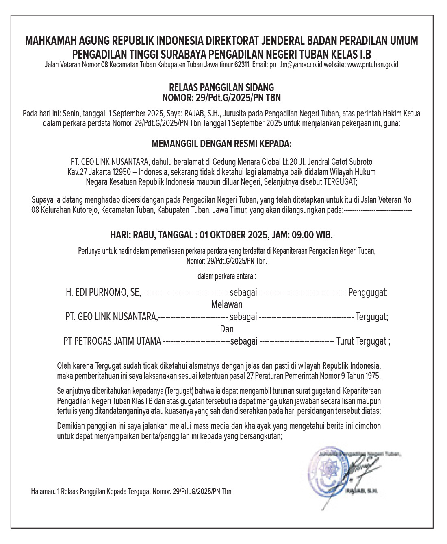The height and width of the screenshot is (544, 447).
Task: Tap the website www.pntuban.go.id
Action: tap(373, 65)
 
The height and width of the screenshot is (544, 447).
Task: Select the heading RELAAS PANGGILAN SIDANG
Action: tap(221, 87)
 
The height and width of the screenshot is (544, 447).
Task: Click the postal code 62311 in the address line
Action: tap(242, 65)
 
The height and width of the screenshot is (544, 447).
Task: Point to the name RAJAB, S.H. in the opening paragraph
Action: tap(202, 114)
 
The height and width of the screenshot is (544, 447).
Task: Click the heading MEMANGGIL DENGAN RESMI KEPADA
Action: tap(221, 144)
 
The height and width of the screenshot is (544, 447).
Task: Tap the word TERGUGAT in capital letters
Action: tap(340, 182)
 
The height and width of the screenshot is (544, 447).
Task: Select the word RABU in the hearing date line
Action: tap(143, 235)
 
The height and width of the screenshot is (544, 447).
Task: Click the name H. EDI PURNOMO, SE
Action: tap(103, 292)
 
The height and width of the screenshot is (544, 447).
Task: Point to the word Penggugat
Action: tap(368, 292)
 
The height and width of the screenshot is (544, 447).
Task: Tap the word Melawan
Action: tap(227, 304)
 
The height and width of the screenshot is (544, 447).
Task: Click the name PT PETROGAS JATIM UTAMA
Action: tap(112, 341)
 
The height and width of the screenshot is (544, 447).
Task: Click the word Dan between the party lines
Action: tap(227, 329)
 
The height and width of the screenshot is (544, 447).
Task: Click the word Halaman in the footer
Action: tap(43, 492)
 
